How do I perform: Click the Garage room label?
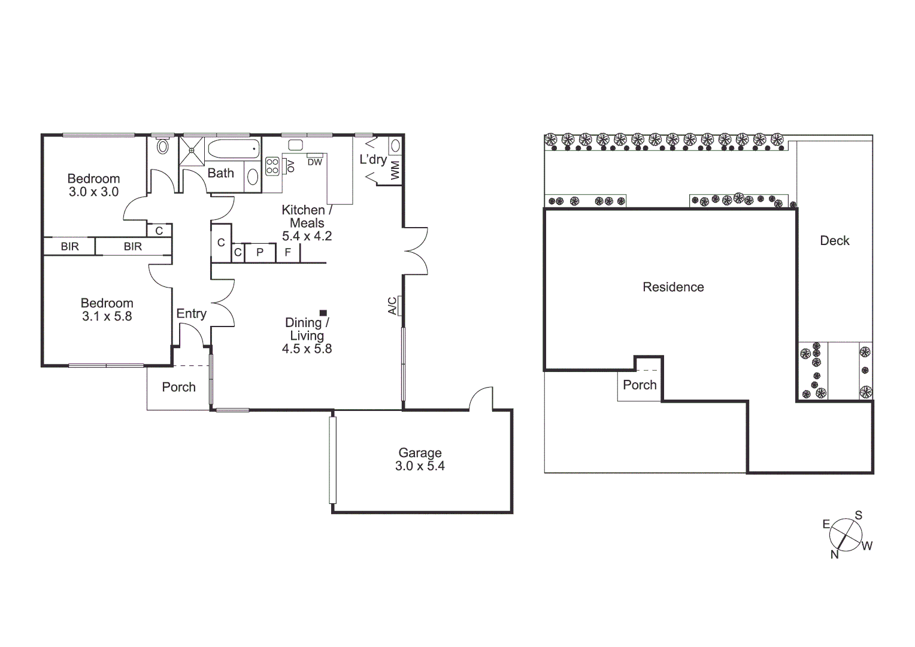click(x=420, y=453)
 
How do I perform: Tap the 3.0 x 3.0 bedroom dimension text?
click(x=93, y=192)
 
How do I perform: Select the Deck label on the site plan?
click(x=835, y=241)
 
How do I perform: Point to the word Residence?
click(x=673, y=287)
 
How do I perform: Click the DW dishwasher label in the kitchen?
click(x=314, y=162)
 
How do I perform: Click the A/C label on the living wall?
click(x=392, y=306)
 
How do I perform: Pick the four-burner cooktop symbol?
click(x=272, y=166)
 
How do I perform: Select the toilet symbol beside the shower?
click(x=162, y=146)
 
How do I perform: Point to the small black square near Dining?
click(x=323, y=313)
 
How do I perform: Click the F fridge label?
click(x=287, y=252)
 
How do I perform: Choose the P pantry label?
click(x=260, y=252)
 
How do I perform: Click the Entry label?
click(x=191, y=313)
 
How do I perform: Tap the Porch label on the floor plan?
click(x=178, y=387)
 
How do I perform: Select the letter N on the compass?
click(x=834, y=555)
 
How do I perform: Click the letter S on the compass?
click(x=858, y=515)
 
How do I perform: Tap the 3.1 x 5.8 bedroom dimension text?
click(x=107, y=316)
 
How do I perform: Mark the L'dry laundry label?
click(x=372, y=159)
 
